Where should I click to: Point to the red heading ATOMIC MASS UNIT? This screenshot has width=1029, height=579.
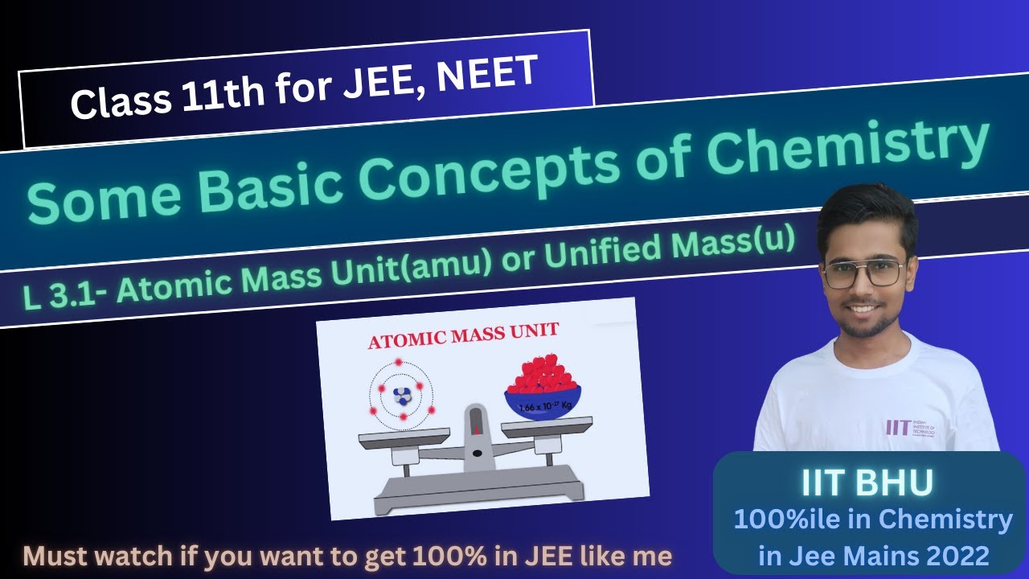[x=463, y=335]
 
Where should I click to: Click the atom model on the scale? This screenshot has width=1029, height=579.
[x=401, y=394]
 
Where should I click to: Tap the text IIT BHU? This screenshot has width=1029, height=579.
[x=867, y=483]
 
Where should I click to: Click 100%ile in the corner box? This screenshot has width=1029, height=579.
[x=785, y=520]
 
